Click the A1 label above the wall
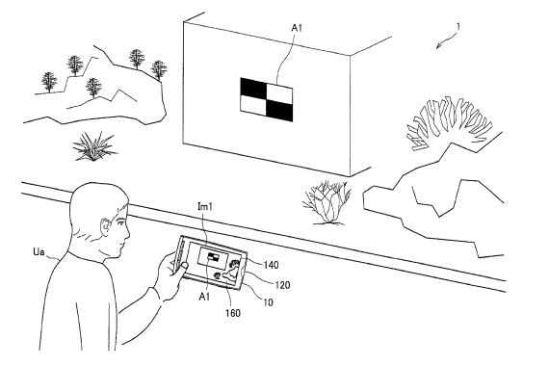click(297, 28)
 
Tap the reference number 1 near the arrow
click(458, 26)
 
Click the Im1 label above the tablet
click(205, 206)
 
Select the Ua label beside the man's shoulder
click(39, 251)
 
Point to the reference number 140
click(271, 265)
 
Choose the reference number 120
click(282, 285)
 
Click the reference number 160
click(233, 313)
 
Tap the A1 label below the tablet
click(204, 297)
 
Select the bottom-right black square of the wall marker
click(279, 110)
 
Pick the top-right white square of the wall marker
click(279, 93)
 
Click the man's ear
click(105, 227)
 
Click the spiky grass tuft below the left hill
click(93, 146)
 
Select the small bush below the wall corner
click(327, 202)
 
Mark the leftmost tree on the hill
click(49, 82)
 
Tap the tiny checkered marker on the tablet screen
click(213, 257)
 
